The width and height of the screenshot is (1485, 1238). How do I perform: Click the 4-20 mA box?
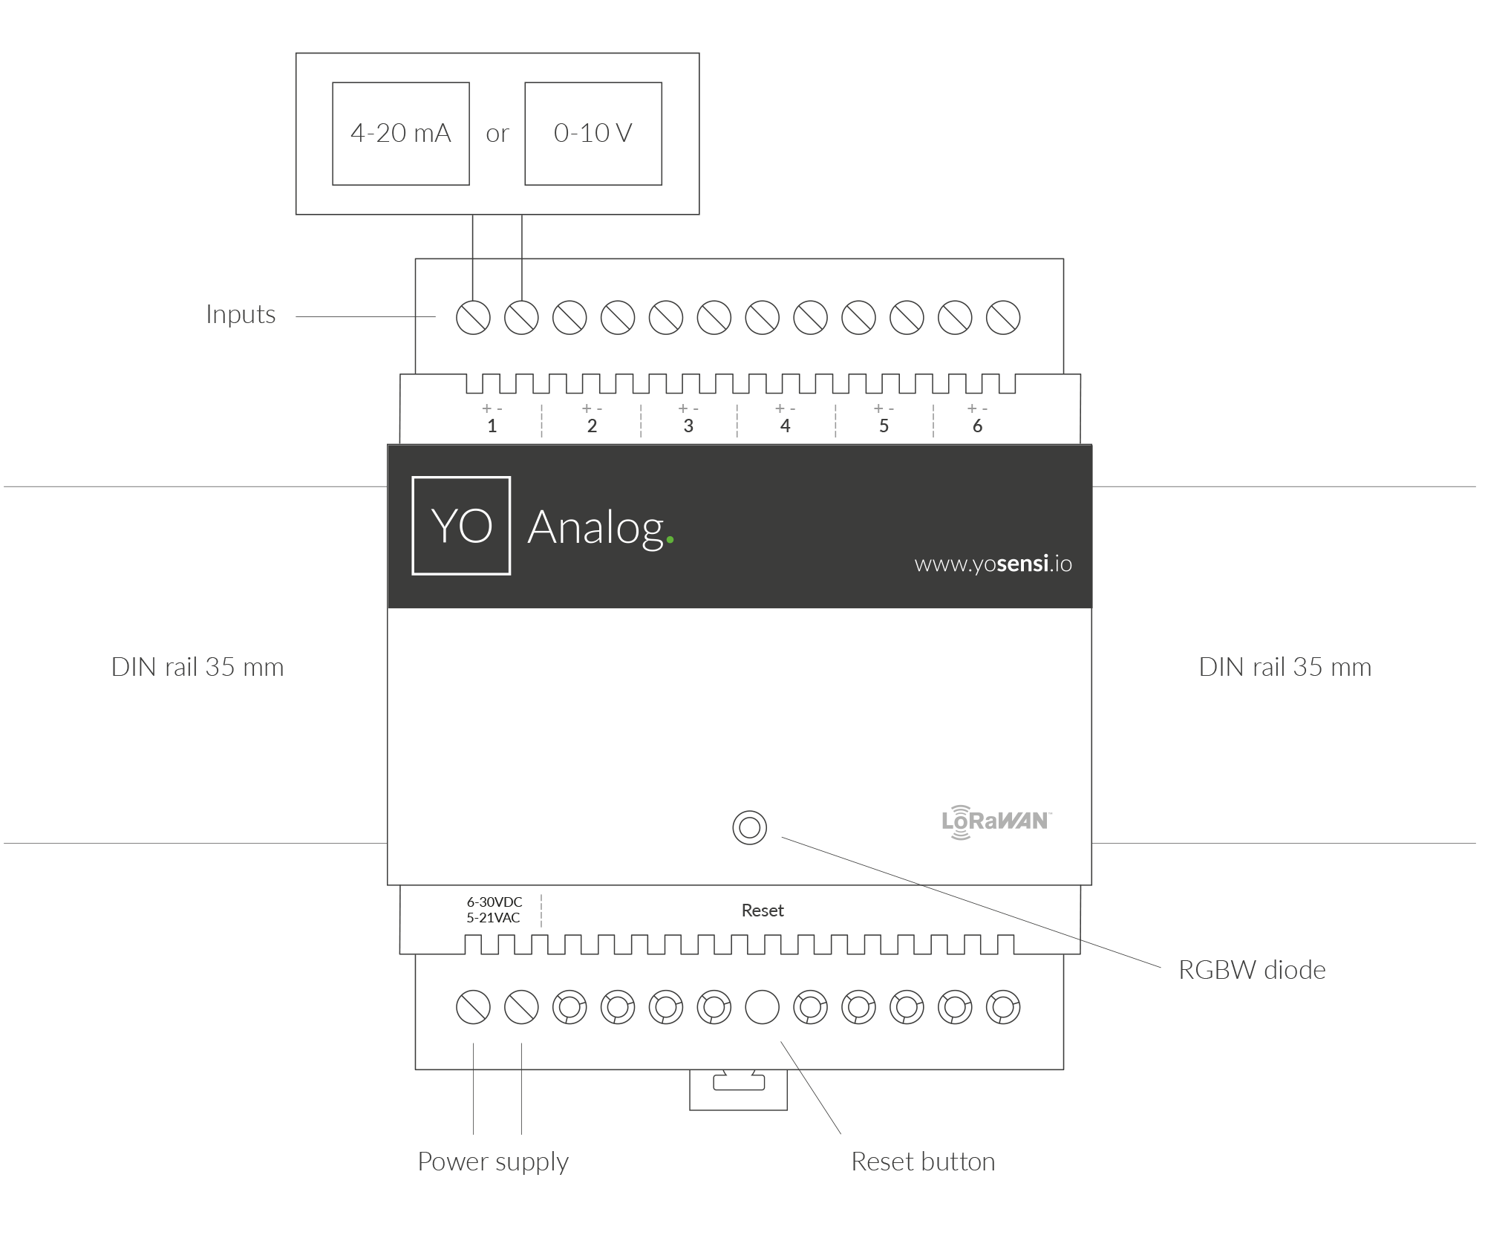coord(400,134)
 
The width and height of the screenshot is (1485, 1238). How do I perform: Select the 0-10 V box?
coord(593,134)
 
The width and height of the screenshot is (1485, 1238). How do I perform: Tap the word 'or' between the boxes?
coord(497,134)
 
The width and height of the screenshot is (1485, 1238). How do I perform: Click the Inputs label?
coord(241,315)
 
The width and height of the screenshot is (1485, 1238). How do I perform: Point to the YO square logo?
coord(461,526)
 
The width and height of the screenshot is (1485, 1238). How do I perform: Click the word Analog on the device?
coord(595,527)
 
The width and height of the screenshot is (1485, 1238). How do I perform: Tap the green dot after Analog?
coord(670,541)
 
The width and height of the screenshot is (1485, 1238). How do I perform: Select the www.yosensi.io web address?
coord(993,564)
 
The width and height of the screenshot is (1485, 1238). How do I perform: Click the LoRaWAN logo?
coord(996,821)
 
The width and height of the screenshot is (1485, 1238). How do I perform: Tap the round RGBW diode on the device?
coord(749,827)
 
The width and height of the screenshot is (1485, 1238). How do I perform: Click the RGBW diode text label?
coord(1251,970)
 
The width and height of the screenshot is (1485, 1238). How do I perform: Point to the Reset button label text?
coord(922,1162)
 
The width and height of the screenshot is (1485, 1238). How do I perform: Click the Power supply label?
coord(492,1162)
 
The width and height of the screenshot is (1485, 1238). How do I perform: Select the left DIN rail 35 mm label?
coord(198,667)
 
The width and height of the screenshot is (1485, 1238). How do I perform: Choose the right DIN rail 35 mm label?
coord(1285,667)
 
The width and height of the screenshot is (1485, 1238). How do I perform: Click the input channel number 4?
coord(785,426)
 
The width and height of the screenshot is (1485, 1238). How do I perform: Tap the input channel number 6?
coord(977,426)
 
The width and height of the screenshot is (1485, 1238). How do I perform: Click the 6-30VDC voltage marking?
coord(495,902)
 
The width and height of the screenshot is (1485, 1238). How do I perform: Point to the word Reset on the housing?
coord(763,910)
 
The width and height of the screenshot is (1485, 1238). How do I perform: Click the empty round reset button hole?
coord(762,1008)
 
